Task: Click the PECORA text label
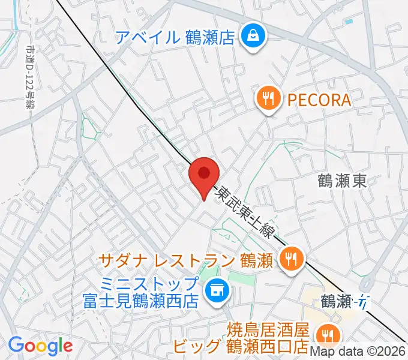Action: pos(319,100)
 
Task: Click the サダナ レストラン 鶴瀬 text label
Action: pos(187,260)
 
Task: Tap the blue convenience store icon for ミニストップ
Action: pos(214,292)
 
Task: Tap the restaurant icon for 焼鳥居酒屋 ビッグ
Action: pos(327,334)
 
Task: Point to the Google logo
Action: pos(40,345)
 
